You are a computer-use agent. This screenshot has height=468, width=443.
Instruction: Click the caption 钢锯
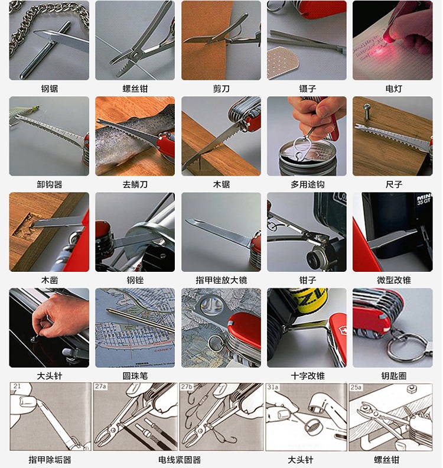pyautogui.click(x=50, y=89)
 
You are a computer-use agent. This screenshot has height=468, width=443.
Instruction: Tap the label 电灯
pyautogui.click(x=394, y=89)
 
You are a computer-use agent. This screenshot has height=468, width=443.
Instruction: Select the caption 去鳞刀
pyautogui.click(x=135, y=184)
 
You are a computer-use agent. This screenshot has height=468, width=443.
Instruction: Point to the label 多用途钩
pyautogui.click(x=308, y=184)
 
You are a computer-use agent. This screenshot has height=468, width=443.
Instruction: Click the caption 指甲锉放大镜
pyautogui.click(x=221, y=280)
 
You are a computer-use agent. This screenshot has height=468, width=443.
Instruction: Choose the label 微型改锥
pyautogui.click(x=394, y=280)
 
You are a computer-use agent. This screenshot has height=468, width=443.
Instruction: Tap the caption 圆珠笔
pyautogui.click(x=135, y=376)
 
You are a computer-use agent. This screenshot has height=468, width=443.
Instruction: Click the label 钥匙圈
pyautogui.click(x=394, y=376)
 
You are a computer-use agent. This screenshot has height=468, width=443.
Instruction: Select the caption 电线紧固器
pyautogui.click(x=180, y=460)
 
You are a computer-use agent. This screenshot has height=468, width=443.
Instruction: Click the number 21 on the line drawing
pyautogui.click(x=17, y=386)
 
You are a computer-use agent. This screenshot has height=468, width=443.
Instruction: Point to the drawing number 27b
pyautogui.click(x=187, y=386)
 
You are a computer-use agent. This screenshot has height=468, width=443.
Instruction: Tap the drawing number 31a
pyautogui.click(x=273, y=387)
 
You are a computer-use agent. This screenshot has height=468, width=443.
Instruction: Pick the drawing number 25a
pyautogui.click(x=356, y=387)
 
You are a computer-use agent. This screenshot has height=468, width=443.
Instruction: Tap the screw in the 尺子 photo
pyautogui.click(x=367, y=110)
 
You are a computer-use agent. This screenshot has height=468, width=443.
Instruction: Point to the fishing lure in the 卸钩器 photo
pyautogui.click(x=24, y=111)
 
